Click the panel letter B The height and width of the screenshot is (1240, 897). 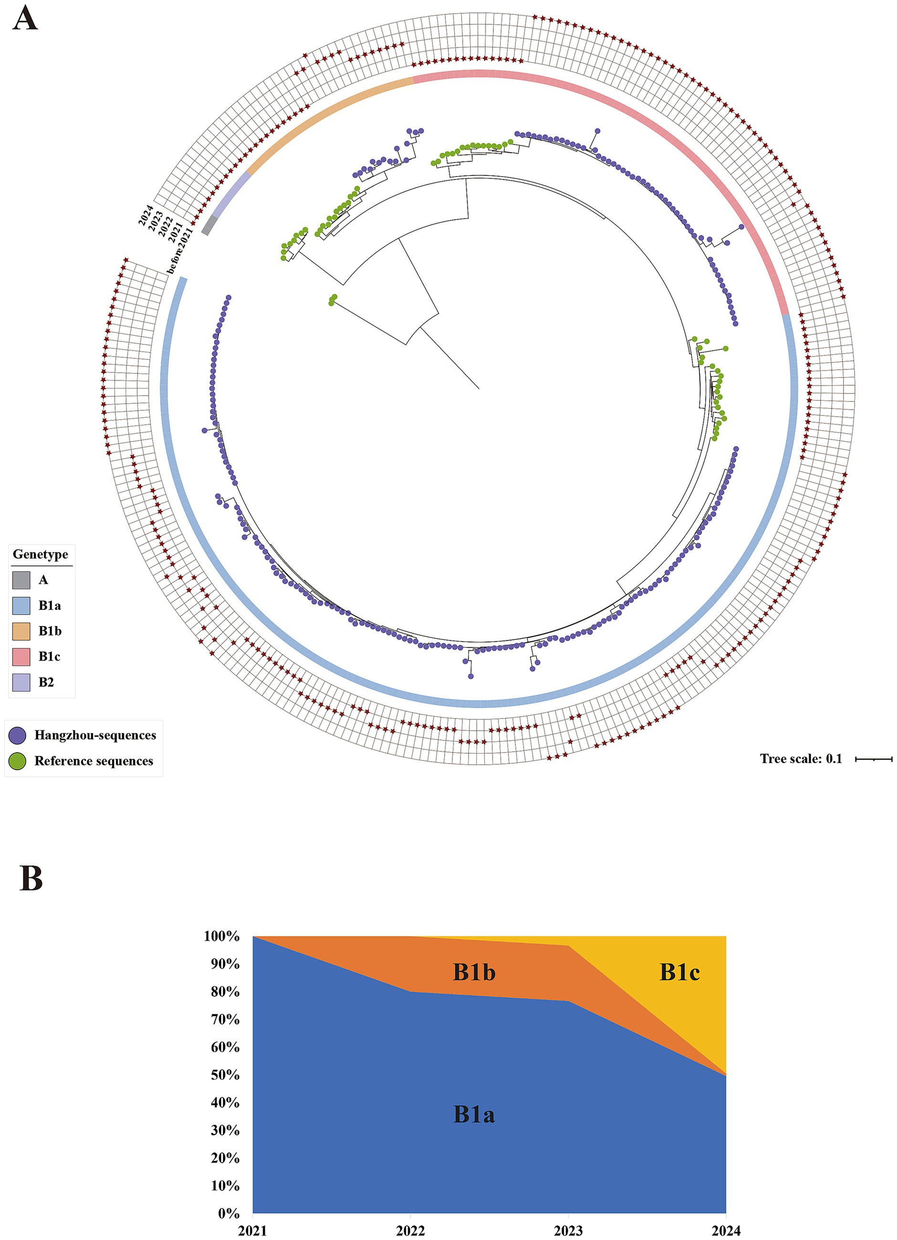pos(31,877)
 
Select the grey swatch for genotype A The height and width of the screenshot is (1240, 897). pos(21,580)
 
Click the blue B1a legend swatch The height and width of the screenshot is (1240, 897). pos(21,606)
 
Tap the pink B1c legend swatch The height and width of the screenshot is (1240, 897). pos(21,656)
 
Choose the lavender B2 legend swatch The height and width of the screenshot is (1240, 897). pos(21,682)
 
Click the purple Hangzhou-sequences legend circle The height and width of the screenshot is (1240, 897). pos(18,735)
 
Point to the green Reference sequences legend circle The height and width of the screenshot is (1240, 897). pos(18,761)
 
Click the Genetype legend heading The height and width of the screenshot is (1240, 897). pos(41,554)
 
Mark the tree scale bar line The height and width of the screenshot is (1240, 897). pos(874,759)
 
